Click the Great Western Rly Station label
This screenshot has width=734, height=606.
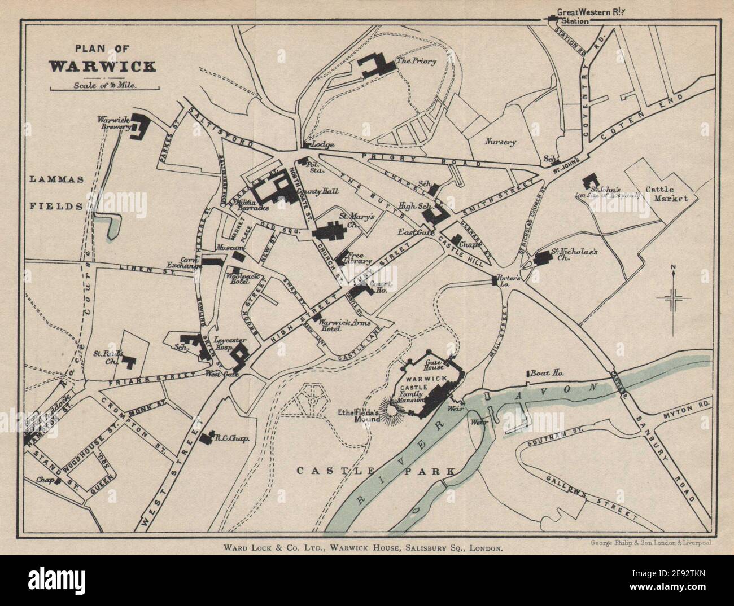587,16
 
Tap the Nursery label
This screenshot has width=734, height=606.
500,142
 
